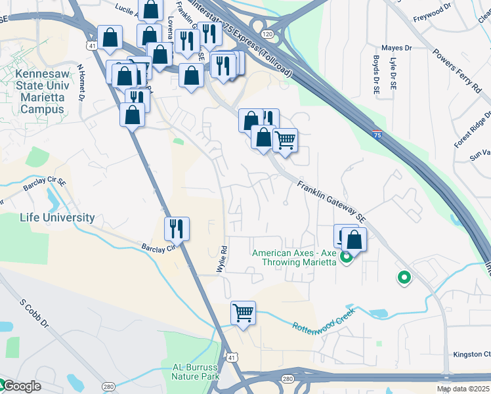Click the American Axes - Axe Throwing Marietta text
pos(294,257)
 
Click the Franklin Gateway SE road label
pos(331,200)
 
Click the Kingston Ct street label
pos(471,355)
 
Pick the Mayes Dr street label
pos(396,48)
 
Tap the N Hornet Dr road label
pos(81,81)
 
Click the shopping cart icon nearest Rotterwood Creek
pos(243,313)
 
